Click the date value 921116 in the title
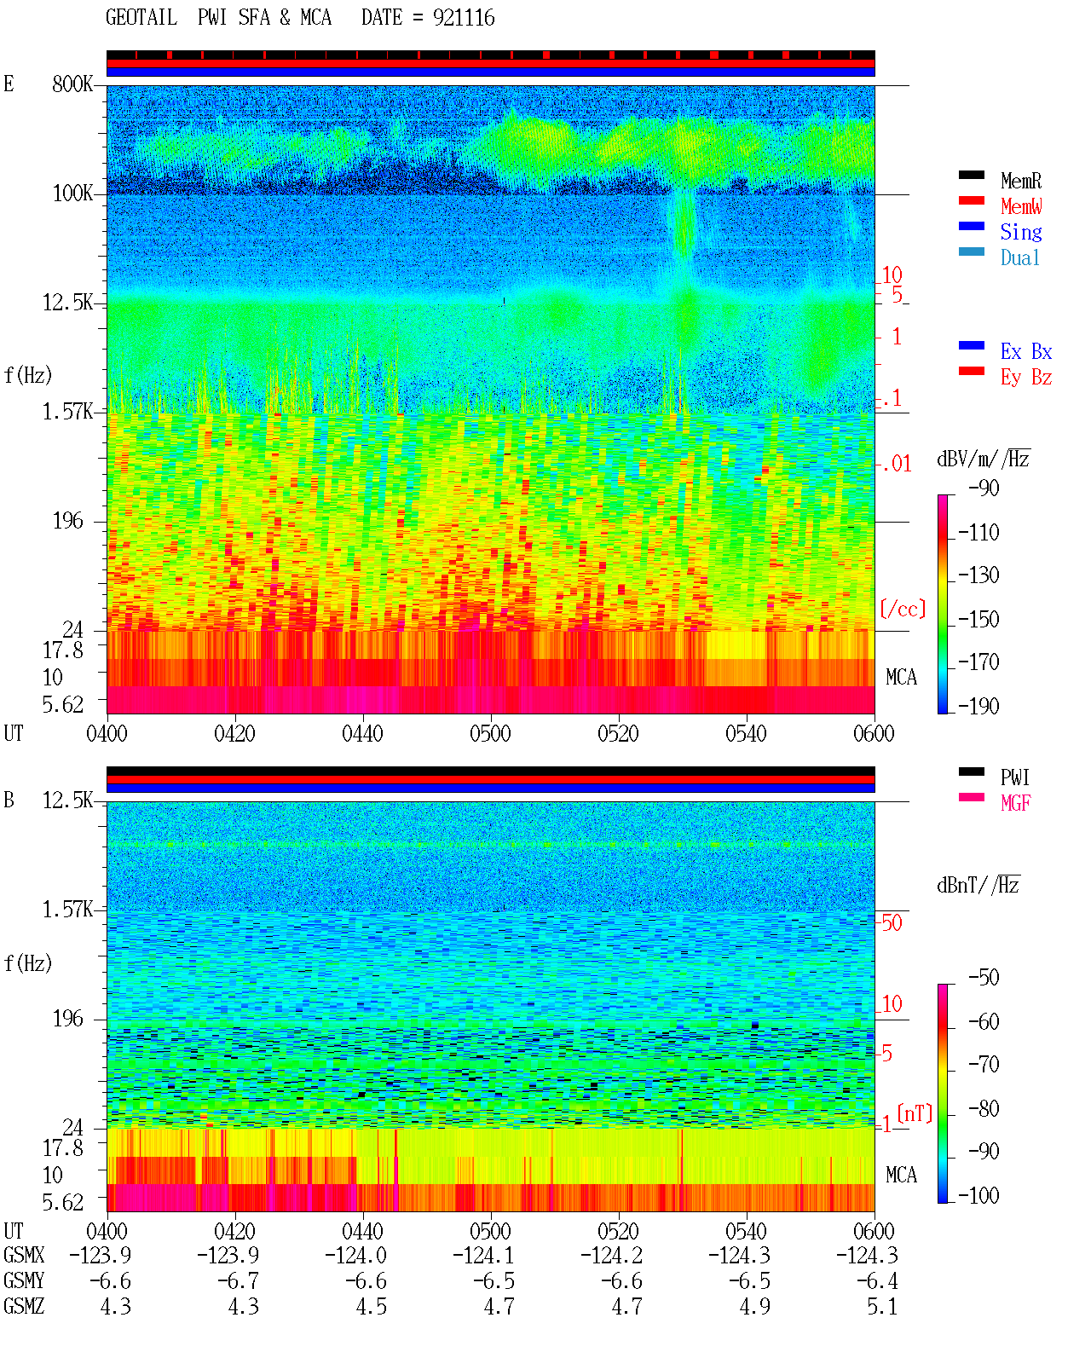[x=464, y=17]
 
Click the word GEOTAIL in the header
[x=141, y=17]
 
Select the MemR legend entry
[x=1021, y=181]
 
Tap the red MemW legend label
[x=1021, y=205]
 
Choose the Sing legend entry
[x=1021, y=232]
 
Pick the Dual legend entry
[x=1020, y=257]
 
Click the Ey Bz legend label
[x=1026, y=377]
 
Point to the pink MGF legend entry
[x=1015, y=803]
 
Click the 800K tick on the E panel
[x=72, y=84]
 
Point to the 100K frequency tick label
[x=72, y=194]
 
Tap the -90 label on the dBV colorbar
[x=984, y=488]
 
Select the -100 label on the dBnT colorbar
[x=978, y=1195]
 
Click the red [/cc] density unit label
[x=903, y=609]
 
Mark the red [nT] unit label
[x=915, y=1113]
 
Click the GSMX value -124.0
[x=355, y=1255]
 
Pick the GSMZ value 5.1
[x=882, y=1306]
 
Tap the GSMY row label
[x=24, y=1280]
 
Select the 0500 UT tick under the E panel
[x=490, y=733]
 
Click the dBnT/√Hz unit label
[x=978, y=885]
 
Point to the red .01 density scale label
[x=897, y=464]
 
